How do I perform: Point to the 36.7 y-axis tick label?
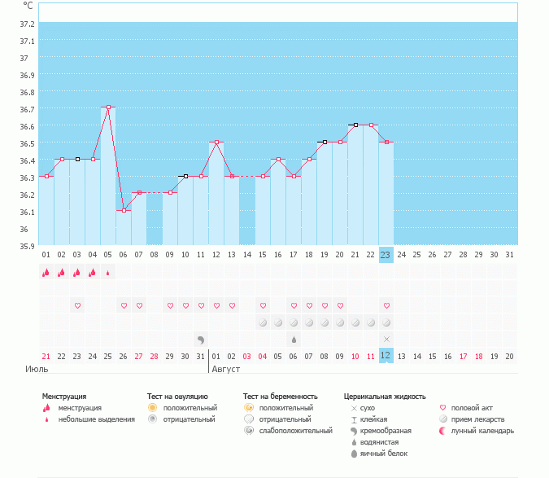(x=28, y=109)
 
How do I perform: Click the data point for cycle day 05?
(x=108, y=107)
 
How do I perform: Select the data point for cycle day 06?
(x=124, y=210)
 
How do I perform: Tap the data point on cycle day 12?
(x=216, y=142)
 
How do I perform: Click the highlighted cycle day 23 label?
(x=386, y=255)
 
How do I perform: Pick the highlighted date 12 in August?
(x=386, y=356)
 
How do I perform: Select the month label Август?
(x=227, y=369)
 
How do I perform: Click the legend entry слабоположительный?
(x=289, y=431)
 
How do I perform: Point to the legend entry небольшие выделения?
(x=97, y=419)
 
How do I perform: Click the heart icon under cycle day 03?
(x=77, y=305)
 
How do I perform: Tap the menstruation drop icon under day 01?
(x=46, y=273)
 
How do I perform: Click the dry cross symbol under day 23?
(x=386, y=338)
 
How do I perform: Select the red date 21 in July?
(x=46, y=356)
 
